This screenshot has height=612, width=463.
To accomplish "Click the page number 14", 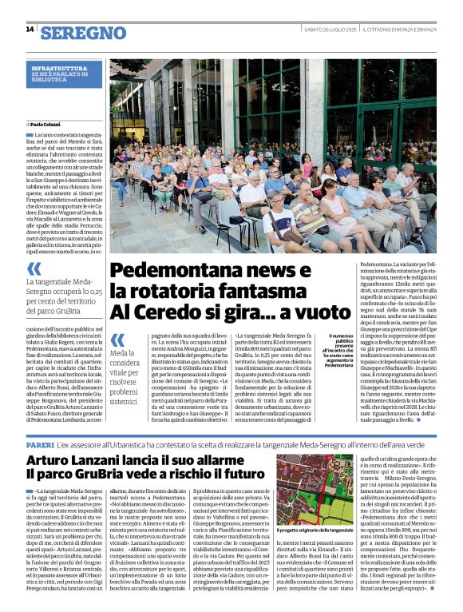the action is click(x=30, y=29).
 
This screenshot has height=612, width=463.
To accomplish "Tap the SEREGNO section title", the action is click(x=83, y=33).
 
